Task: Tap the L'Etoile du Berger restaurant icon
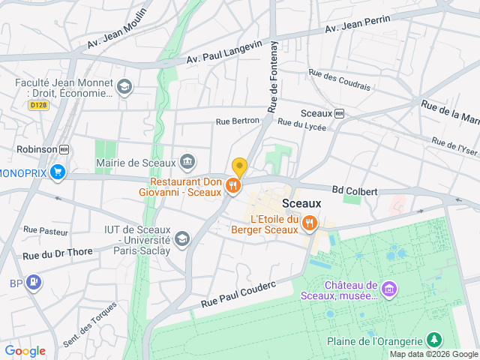pyautogui.click(x=308, y=223)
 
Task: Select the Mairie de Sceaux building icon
pyautogui.click(x=187, y=161)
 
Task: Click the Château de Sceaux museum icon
pyautogui.click(x=388, y=289)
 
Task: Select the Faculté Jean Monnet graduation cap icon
pyautogui.click(x=123, y=88)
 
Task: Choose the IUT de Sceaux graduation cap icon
pyautogui.click(x=181, y=238)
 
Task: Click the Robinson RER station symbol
pyautogui.click(x=64, y=149)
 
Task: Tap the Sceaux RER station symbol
pyautogui.click(x=339, y=113)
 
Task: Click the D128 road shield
pyautogui.click(x=38, y=106)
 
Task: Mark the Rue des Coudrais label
pyautogui.click(x=339, y=80)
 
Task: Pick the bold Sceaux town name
pyautogui.click(x=301, y=203)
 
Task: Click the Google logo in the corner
pyautogui.click(x=25, y=351)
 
